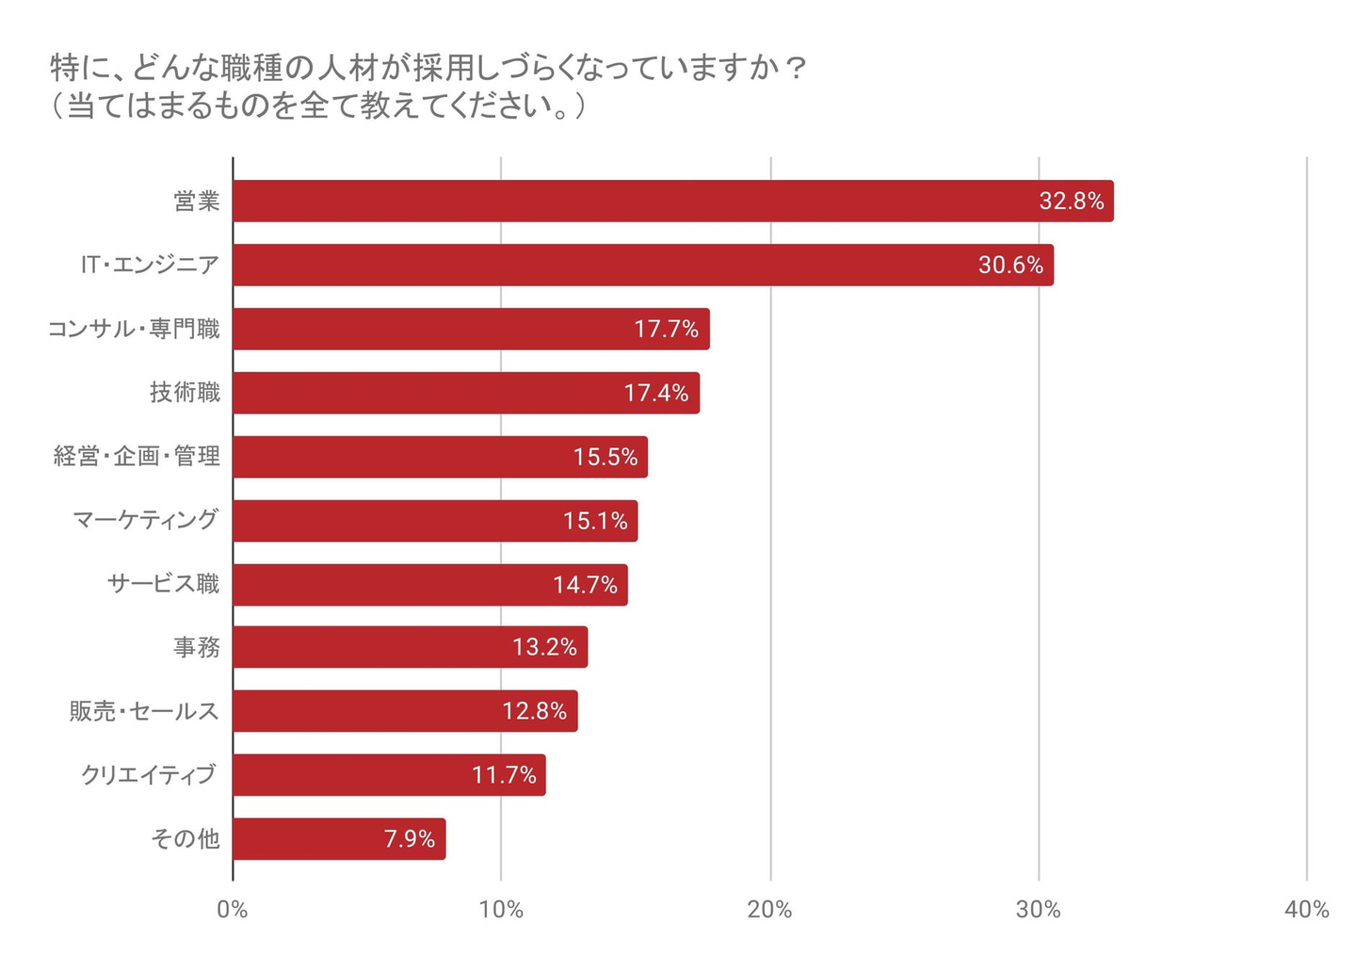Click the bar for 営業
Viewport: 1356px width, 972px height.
click(672, 201)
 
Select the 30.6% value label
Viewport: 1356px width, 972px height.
click(1010, 265)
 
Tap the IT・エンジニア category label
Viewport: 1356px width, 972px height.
click(150, 265)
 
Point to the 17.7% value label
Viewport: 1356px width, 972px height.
click(666, 329)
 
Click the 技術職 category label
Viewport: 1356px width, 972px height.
click(185, 392)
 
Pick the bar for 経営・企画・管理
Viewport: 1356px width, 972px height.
click(440, 457)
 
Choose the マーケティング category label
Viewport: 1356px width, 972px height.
click(146, 520)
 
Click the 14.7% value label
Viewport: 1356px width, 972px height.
click(585, 585)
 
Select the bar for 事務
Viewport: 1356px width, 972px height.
click(410, 647)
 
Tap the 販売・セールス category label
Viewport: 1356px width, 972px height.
click(144, 711)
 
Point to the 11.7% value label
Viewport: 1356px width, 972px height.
click(504, 775)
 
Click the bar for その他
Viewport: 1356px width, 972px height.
click(339, 838)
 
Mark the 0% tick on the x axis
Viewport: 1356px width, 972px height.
click(232, 910)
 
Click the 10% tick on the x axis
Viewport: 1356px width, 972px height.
click(501, 910)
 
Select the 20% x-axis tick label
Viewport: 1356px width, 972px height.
click(769, 910)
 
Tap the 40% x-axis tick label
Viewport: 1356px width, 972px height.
click(1307, 910)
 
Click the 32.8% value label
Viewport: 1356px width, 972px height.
click(1071, 201)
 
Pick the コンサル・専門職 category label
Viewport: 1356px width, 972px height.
click(134, 329)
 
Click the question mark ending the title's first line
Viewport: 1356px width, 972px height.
click(796, 69)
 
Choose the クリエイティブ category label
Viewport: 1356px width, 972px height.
click(149, 775)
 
